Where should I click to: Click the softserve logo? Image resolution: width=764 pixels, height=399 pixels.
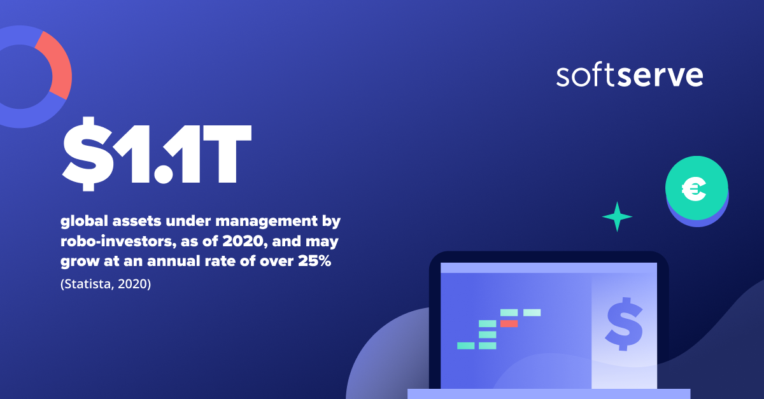click(629, 76)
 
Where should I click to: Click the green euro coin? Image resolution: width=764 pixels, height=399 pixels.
click(697, 187)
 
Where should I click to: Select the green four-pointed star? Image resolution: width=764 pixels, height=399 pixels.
click(617, 216)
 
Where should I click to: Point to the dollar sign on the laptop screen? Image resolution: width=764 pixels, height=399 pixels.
click(623, 323)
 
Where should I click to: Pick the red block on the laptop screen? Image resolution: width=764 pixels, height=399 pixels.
click(509, 324)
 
